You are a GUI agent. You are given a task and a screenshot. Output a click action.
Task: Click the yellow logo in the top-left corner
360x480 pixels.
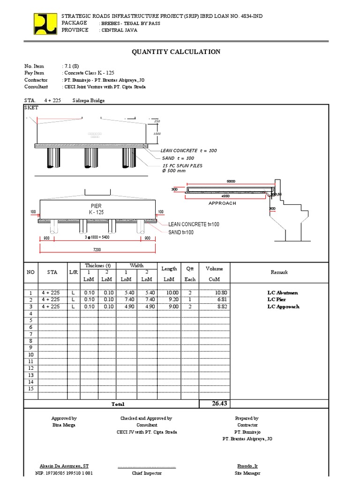click(45, 23)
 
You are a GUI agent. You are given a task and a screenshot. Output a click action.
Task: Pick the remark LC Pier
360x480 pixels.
click(277, 300)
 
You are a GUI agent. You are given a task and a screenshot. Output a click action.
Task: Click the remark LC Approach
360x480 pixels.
click(283, 307)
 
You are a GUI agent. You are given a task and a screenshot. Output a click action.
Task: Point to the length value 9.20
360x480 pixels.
click(172, 300)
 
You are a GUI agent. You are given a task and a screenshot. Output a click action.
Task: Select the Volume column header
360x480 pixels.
click(214, 269)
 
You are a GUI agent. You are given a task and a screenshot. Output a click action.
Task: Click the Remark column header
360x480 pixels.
click(280, 272)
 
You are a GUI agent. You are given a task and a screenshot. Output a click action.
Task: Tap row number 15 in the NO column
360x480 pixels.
click(31, 389)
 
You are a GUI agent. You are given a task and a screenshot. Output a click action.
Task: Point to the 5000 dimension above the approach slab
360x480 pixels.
click(231, 181)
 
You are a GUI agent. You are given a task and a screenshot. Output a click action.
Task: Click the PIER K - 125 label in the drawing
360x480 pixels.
click(96, 209)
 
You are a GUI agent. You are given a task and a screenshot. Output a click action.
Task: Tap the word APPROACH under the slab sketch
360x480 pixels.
click(222, 203)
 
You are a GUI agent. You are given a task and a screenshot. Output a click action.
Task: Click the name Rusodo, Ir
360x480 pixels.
click(247, 466)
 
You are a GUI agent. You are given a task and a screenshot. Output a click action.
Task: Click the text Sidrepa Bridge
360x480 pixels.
click(89, 101)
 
